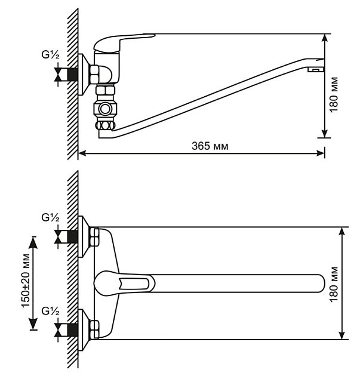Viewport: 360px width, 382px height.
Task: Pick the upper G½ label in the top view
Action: click(x=50, y=218)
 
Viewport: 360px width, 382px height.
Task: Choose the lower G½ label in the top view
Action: click(x=50, y=310)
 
